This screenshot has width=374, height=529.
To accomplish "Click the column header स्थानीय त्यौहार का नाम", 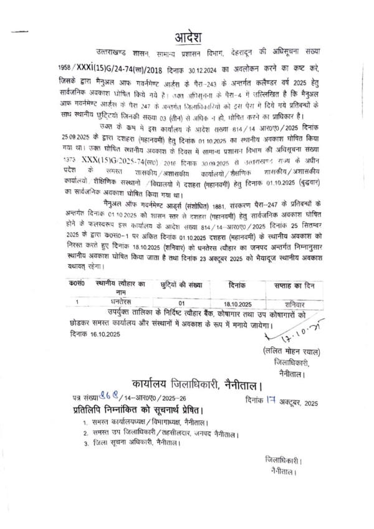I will [x=120, y=288].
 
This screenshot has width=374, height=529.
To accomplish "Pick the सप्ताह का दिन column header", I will [x=295, y=284].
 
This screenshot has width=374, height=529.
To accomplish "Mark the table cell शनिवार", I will [x=294, y=303].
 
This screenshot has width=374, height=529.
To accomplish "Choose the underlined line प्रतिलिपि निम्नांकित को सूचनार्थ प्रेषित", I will [x=153, y=410].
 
